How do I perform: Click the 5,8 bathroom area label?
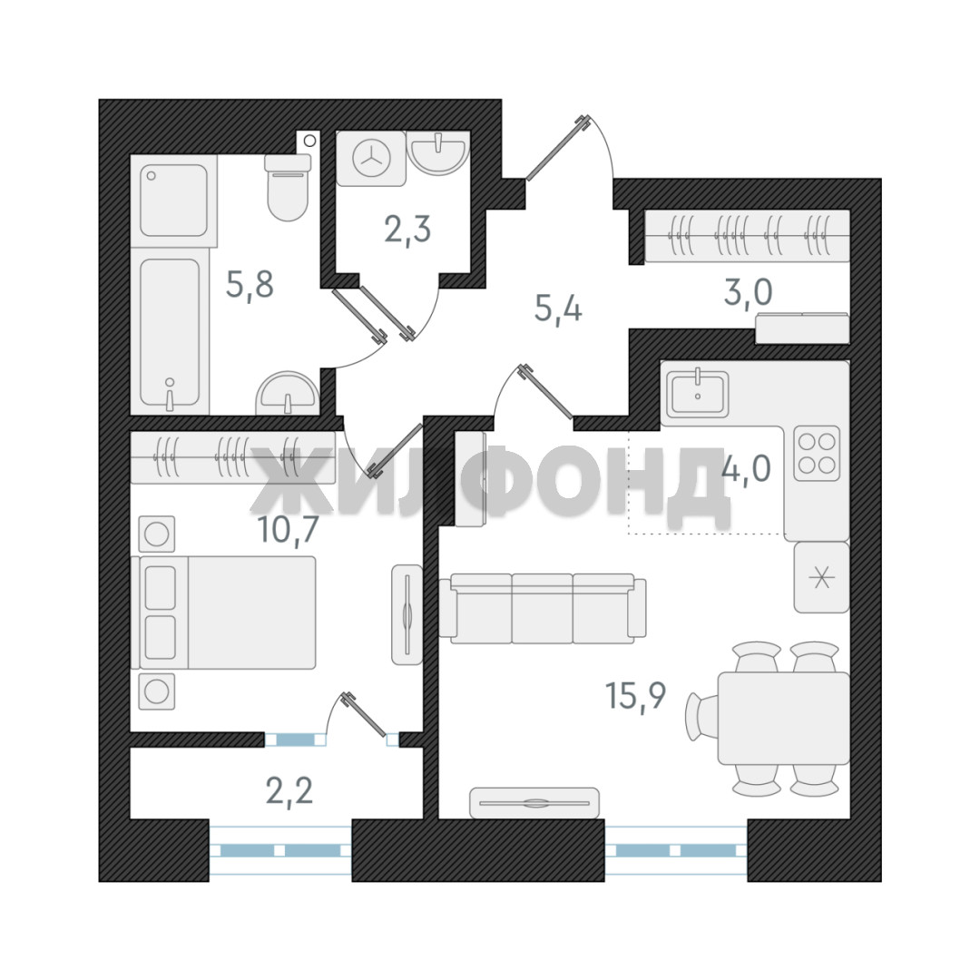pos(250,286)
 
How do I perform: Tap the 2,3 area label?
pos(407,230)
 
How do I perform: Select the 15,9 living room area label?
pos(636,696)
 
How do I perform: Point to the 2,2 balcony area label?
pos(289,792)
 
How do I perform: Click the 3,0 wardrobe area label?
pos(748,292)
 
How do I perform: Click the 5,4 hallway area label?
pos(558,309)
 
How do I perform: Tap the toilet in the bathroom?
pos(289,187)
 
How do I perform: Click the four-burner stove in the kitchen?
pos(817,453)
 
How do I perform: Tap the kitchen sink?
pos(698,394)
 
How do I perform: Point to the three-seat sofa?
pos(543,609)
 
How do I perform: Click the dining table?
pos(784,718)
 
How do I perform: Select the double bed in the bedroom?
pos(224,613)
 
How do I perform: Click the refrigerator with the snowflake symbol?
pos(822,577)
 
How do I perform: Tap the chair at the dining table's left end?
pos(701,718)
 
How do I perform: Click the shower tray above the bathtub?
pos(173,200)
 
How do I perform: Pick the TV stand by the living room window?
pos(534,802)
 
